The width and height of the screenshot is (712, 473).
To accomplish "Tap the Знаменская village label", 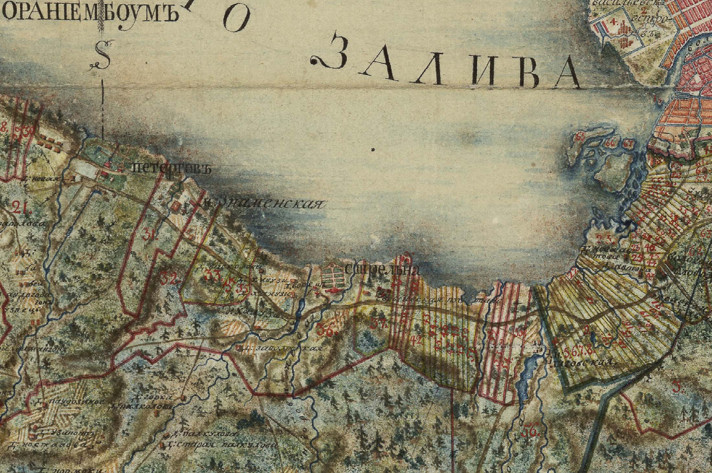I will (266, 203).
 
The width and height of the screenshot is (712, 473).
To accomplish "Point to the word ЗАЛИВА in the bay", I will (447, 63).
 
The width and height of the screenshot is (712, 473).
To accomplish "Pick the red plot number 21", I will (19, 207).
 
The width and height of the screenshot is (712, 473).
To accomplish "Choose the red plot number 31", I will (150, 237).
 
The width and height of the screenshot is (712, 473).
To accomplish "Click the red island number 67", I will (629, 143).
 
